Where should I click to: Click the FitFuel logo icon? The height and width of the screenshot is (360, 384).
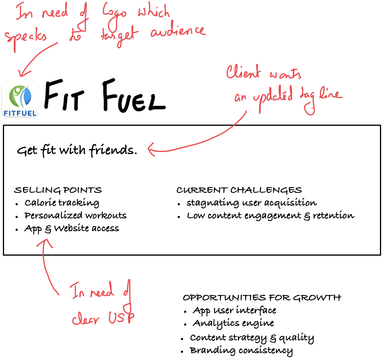[x=20, y=99]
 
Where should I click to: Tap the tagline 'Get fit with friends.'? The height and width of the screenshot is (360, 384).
[x=77, y=150]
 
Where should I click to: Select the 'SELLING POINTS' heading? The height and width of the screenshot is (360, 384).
[x=58, y=190]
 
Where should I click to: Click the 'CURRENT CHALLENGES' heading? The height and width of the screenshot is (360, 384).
[x=239, y=190]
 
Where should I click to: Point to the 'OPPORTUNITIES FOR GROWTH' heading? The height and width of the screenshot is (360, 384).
[x=262, y=298]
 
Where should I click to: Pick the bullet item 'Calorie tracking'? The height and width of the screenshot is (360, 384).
[x=62, y=203]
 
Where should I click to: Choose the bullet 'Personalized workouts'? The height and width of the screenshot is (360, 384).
[x=75, y=216]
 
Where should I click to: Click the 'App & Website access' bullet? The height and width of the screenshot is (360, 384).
[x=72, y=228]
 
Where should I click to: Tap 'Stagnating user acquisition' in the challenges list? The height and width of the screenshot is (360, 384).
[x=251, y=203]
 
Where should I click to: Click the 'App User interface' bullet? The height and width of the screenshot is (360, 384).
[x=234, y=311]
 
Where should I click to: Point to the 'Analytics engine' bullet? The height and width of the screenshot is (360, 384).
[x=233, y=323]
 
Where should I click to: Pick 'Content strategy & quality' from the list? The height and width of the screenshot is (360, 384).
[x=252, y=338]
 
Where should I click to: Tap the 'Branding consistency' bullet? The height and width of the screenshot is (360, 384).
[x=241, y=351]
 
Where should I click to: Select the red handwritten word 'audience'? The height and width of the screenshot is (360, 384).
[x=178, y=32]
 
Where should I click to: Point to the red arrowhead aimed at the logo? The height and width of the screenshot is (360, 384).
[x=24, y=72]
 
